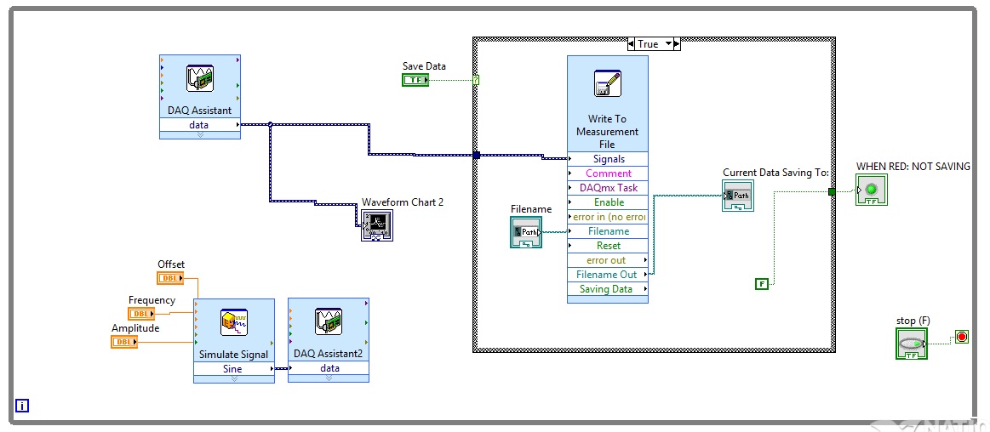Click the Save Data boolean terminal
point(415,80)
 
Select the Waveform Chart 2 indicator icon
point(377,225)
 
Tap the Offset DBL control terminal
point(170,278)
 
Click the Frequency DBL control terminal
point(141,314)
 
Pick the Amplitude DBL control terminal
point(124,342)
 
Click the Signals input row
point(608,159)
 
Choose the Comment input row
point(608,173)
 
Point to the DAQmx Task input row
point(608,188)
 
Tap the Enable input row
point(608,202)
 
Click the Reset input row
point(608,246)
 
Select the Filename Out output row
point(608,275)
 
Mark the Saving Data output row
point(608,289)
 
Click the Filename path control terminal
point(526,231)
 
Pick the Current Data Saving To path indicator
point(737,196)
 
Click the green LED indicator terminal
point(871,190)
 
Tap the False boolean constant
point(761,283)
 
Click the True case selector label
point(649,44)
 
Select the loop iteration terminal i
point(22,406)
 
